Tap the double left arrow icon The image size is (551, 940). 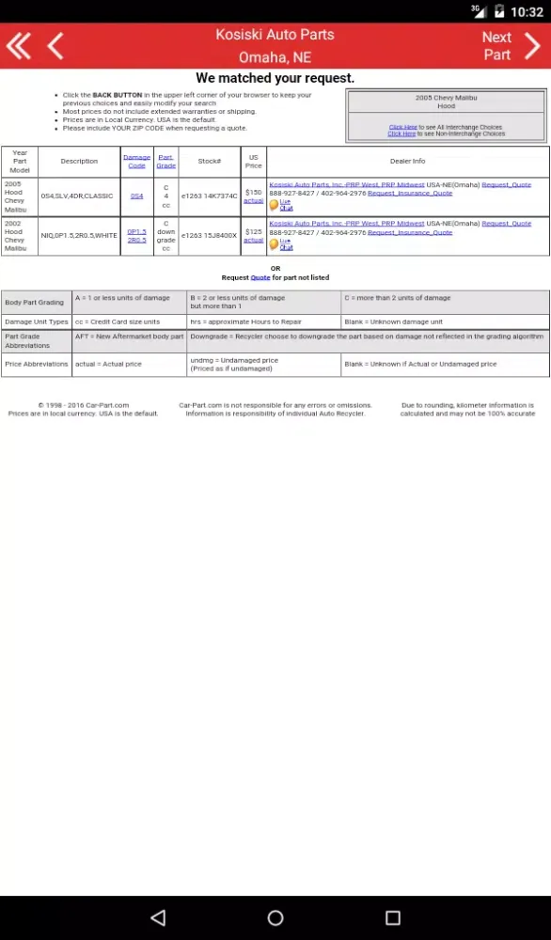click(x=18, y=45)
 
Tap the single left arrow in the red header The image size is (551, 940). click(x=55, y=45)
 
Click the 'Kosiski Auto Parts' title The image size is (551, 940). click(x=275, y=35)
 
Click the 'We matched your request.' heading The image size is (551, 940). click(x=275, y=78)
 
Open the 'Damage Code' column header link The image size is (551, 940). click(x=136, y=161)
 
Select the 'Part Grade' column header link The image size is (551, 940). click(x=165, y=161)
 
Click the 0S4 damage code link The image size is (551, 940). click(x=136, y=196)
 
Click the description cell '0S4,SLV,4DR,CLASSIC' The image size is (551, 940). click(x=76, y=196)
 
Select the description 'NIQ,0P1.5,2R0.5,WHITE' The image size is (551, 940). click(x=79, y=235)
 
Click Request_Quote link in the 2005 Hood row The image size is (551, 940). click(x=506, y=184)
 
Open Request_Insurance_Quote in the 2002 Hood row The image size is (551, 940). click(x=410, y=232)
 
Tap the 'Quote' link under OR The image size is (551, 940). click(x=260, y=277)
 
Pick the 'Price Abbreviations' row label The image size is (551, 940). click(x=37, y=364)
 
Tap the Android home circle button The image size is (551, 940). click(x=275, y=917)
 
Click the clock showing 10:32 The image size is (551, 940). click(x=527, y=11)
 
